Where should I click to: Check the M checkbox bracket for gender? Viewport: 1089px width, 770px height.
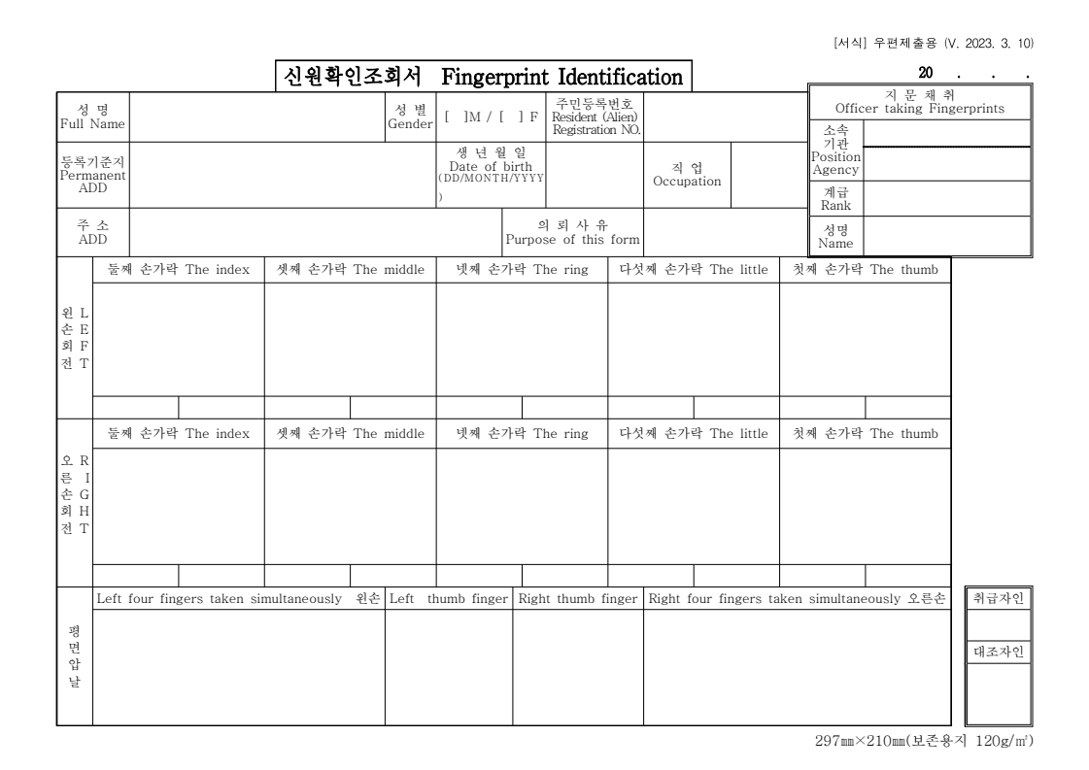pyautogui.click(x=456, y=117)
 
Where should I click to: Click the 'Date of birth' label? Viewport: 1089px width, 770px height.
pyautogui.click(x=491, y=167)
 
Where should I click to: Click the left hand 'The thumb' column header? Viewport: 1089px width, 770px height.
pyautogui.click(x=865, y=270)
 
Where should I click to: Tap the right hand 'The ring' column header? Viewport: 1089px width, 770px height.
pyautogui.click(x=522, y=433)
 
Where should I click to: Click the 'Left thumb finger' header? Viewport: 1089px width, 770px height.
pyautogui.click(x=448, y=598)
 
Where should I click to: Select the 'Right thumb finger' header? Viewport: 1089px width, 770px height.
pyautogui.click(x=577, y=598)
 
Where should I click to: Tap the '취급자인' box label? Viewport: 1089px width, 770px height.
pyautogui.click(x=998, y=599)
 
